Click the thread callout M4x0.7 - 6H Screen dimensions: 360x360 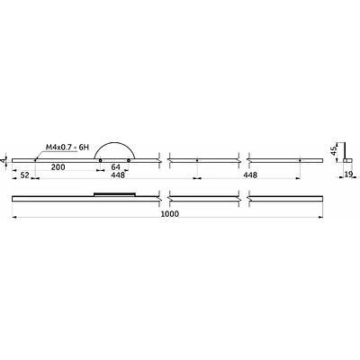point(67,148)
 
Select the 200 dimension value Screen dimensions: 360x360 point(58,167)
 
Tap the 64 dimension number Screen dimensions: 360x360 point(115,167)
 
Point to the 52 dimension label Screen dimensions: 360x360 point(24,175)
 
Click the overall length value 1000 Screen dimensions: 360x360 point(170,213)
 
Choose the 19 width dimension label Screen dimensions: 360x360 point(348,174)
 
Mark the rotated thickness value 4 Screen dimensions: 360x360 point(4,160)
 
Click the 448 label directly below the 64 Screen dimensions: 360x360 point(118,175)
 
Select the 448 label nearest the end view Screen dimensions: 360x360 point(250,175)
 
